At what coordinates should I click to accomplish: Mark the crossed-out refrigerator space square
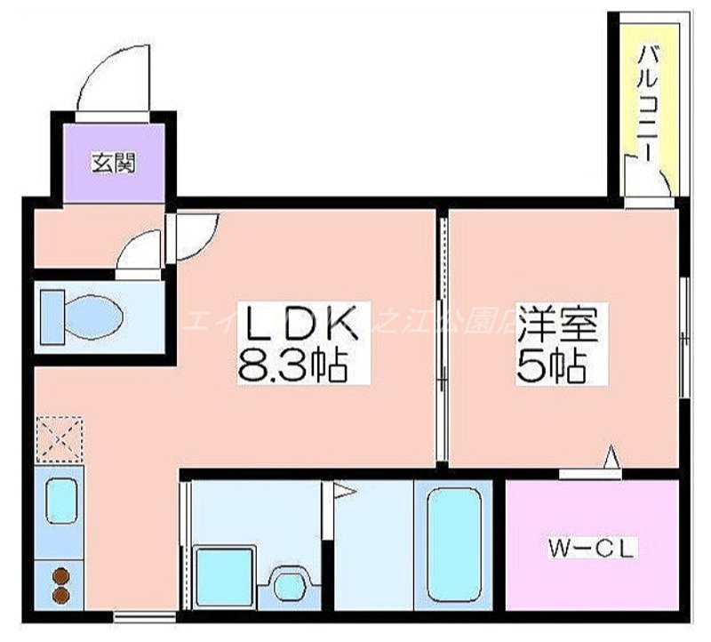point(59,439)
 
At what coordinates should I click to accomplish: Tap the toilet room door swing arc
point(140,251)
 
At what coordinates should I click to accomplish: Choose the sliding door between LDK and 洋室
point(440,338)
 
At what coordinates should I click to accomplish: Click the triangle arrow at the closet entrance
point(611,458)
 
